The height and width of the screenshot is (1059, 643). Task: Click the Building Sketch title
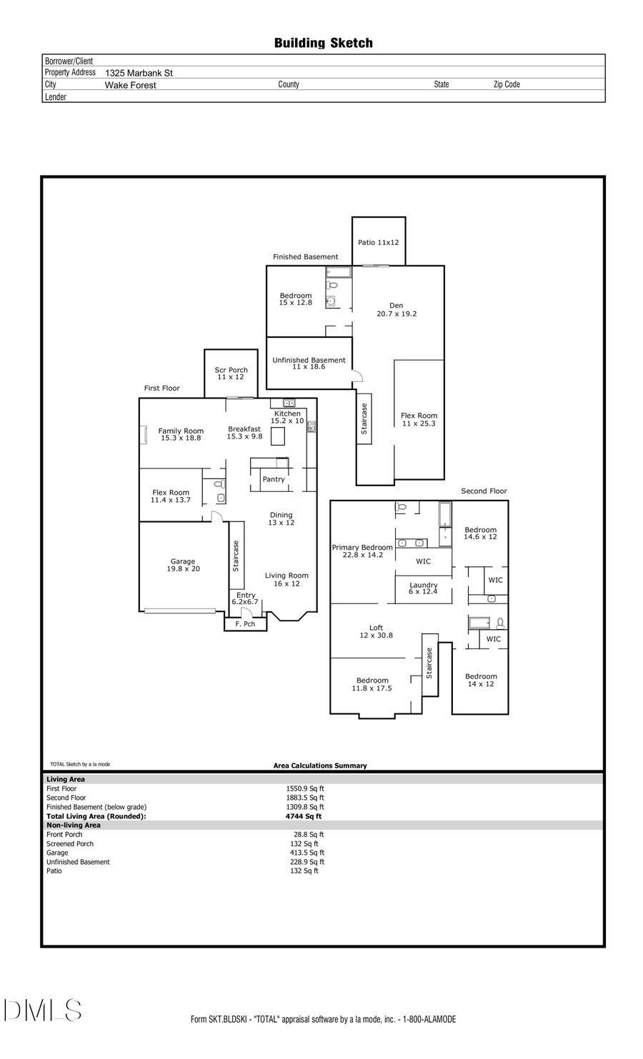[323, 43]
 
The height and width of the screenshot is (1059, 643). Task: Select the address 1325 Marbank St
[139, 73]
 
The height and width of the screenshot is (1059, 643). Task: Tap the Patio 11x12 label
[378, 242]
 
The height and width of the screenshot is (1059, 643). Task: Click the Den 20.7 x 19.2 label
[397, 309]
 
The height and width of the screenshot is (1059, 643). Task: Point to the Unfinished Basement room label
[309, 363]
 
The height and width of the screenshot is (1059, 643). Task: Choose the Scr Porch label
[231, 373]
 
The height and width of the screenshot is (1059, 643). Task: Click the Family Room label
[181, 434]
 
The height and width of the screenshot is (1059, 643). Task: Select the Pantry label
[274, 479]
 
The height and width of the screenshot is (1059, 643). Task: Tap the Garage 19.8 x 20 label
[183, 565]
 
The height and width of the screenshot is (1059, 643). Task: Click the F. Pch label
[245, 624]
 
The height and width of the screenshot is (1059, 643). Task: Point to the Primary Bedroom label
[362, 551]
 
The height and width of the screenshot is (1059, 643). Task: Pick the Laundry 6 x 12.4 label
[423, 588]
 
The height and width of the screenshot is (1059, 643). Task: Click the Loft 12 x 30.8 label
[376, 631]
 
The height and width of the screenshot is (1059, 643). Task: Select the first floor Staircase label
[236, 556]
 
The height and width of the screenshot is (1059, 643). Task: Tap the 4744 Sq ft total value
[304, 816]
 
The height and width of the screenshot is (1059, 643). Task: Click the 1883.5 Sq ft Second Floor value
[305, 798]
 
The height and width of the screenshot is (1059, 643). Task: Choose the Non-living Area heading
[74, 825]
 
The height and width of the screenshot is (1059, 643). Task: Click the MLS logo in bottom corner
[43, 1010]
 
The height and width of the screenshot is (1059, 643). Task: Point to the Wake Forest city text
[130, 85]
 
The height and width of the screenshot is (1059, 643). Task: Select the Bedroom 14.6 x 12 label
[480, 533]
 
